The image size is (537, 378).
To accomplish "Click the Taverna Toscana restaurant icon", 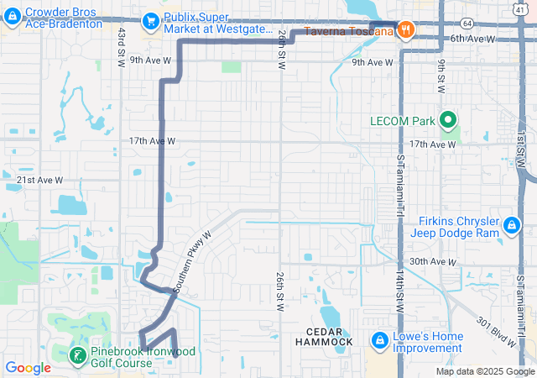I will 405,30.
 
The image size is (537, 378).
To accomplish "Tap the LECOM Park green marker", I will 447,121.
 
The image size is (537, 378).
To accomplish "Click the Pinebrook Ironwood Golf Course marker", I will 77,355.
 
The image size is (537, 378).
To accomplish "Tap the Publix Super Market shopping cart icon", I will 152,19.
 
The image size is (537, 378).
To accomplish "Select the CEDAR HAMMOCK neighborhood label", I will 324,337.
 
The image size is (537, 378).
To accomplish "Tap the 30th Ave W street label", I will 435,262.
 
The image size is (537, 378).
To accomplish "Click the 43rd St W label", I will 122,46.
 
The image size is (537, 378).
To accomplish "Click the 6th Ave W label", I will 472,39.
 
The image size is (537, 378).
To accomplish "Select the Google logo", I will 28,367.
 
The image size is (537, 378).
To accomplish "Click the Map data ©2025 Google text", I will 484,371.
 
